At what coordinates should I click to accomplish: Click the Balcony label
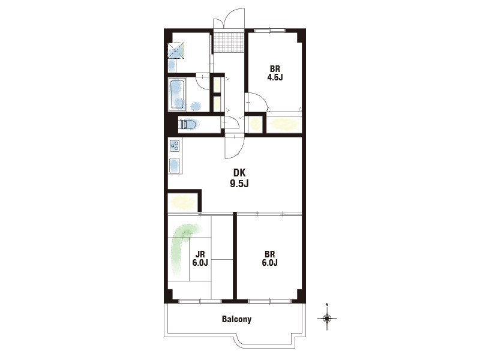click(x=236, y=319)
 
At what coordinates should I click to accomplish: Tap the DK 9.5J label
click(x=239, y=178)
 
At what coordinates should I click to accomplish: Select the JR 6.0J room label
click(x=200, y=259)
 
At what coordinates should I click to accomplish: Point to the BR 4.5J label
click(x=275, y=73)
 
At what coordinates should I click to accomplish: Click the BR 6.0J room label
click(x=269, y=259)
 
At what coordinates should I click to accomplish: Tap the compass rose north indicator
click(x=327, y=317)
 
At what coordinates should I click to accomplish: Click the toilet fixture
click(x=189, y=124)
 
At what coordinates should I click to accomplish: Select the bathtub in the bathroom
click(x=177, y=95)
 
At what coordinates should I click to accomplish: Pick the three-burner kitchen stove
click(x=175, y=146)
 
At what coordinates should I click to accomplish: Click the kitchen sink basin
click(x=175, y=166)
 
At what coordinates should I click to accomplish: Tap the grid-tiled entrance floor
click(x=229, y=41)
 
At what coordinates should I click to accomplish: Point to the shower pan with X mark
click(x=176, y=51)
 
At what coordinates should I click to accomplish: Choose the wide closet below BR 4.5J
click(x=284, y=124)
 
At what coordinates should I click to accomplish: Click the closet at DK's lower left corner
click(x=183, y=202)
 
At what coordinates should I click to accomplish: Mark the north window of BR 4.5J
click(x=269, y=30)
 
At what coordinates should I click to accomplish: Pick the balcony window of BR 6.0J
click(x=269, y=301)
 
